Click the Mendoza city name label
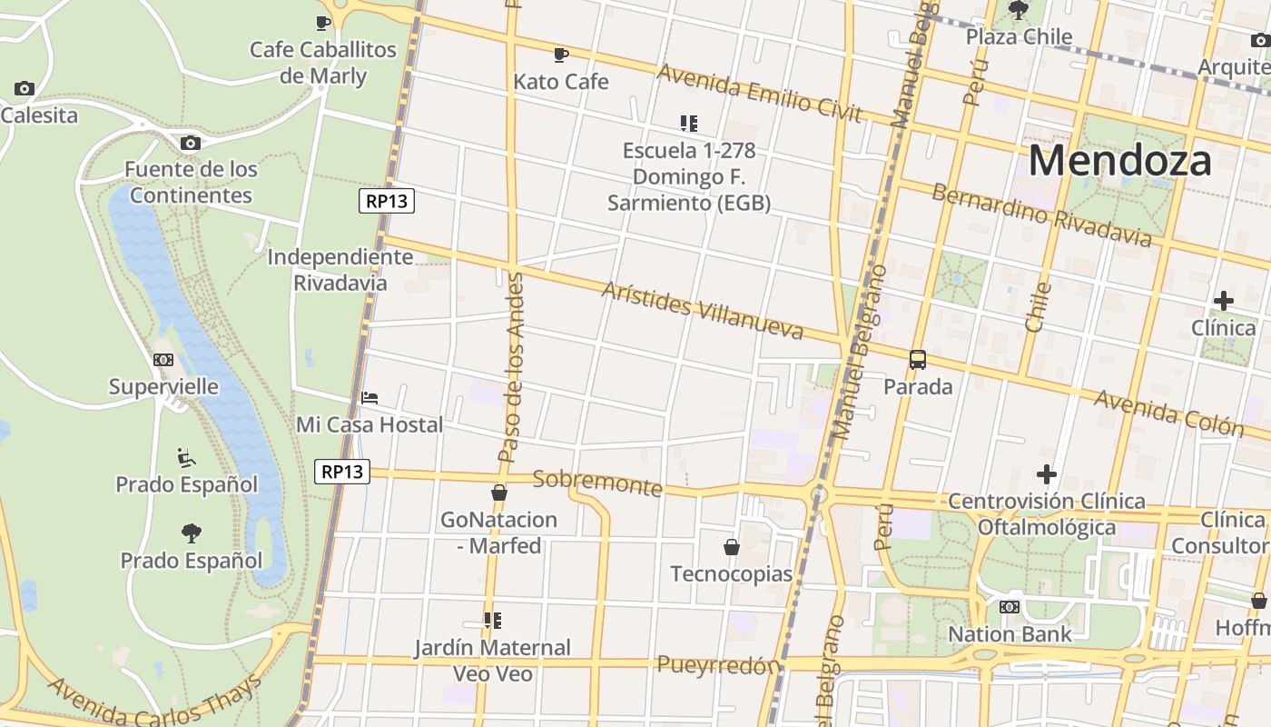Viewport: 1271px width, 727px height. pos(1119,161)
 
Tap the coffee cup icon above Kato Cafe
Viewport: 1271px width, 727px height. pos(561,55)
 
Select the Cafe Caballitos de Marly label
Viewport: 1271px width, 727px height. pos(323,62)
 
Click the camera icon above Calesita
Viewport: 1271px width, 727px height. pos(25,88)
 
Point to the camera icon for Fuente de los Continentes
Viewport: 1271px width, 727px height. pos(191,143)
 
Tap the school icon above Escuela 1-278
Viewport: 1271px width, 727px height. pos(689,123)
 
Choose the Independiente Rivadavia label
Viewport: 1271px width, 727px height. pos(340,270)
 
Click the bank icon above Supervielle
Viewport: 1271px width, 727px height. pos(163,360)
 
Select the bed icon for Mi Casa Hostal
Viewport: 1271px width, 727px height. pos(369,398)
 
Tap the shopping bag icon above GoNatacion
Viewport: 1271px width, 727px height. pos(498,493)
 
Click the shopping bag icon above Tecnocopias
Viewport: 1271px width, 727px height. pos(731,547)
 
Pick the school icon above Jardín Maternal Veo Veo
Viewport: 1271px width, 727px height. pos(492,621)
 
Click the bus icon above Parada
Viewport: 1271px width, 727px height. pos(918,360)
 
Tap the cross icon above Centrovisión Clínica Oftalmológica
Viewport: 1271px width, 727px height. pos(1047,474)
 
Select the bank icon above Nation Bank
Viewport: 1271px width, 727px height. pos(1010,607)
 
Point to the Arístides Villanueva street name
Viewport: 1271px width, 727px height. pos(703,310)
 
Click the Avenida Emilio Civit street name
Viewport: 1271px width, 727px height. pos(759,92)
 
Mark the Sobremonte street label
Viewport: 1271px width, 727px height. pos(597,483)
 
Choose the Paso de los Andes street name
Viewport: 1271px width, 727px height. pos(513,368)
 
